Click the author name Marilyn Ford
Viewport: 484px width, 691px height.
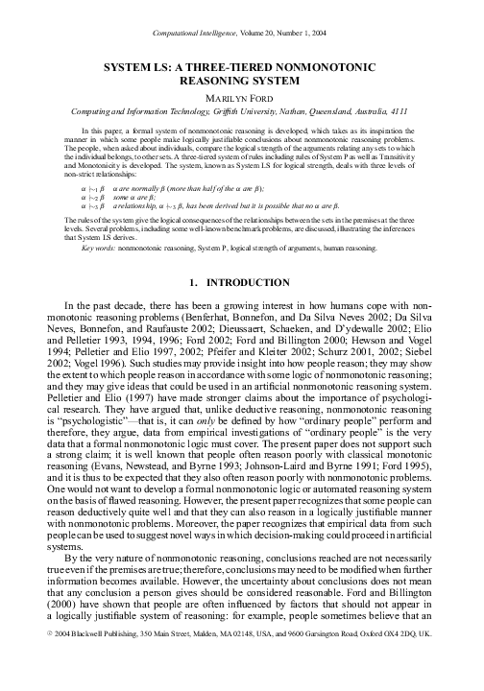pyautogui.click(x=242, y=99)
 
